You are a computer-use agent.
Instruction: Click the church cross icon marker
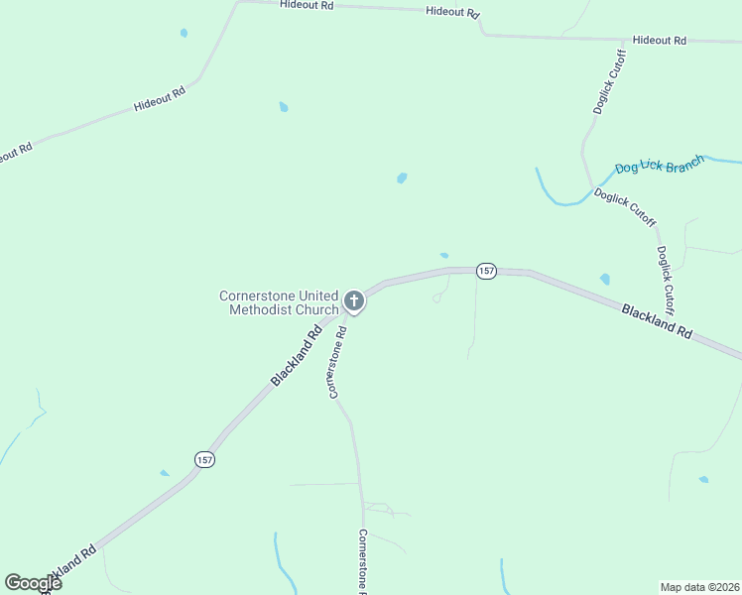coord(354,300)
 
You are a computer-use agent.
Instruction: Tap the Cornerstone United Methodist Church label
coord(279,302)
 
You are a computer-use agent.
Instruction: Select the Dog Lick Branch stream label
coord(660,164)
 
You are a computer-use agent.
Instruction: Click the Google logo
coord(33,582)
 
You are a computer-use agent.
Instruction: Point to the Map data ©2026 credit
coord(699,586)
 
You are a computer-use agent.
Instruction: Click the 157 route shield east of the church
coord(485,271)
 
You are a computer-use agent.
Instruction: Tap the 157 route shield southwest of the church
coord(203,459)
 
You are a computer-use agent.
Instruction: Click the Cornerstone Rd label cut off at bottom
coord(363,561)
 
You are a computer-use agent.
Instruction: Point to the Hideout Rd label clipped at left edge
coord(14,155)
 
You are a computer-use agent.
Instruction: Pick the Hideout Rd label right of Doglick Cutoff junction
coord(660,41)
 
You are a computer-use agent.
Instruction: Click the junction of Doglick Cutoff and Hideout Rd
coord(624,40)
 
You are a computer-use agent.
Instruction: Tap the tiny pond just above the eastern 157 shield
coord(443,255)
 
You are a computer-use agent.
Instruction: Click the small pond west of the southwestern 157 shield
coord(165,473)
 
